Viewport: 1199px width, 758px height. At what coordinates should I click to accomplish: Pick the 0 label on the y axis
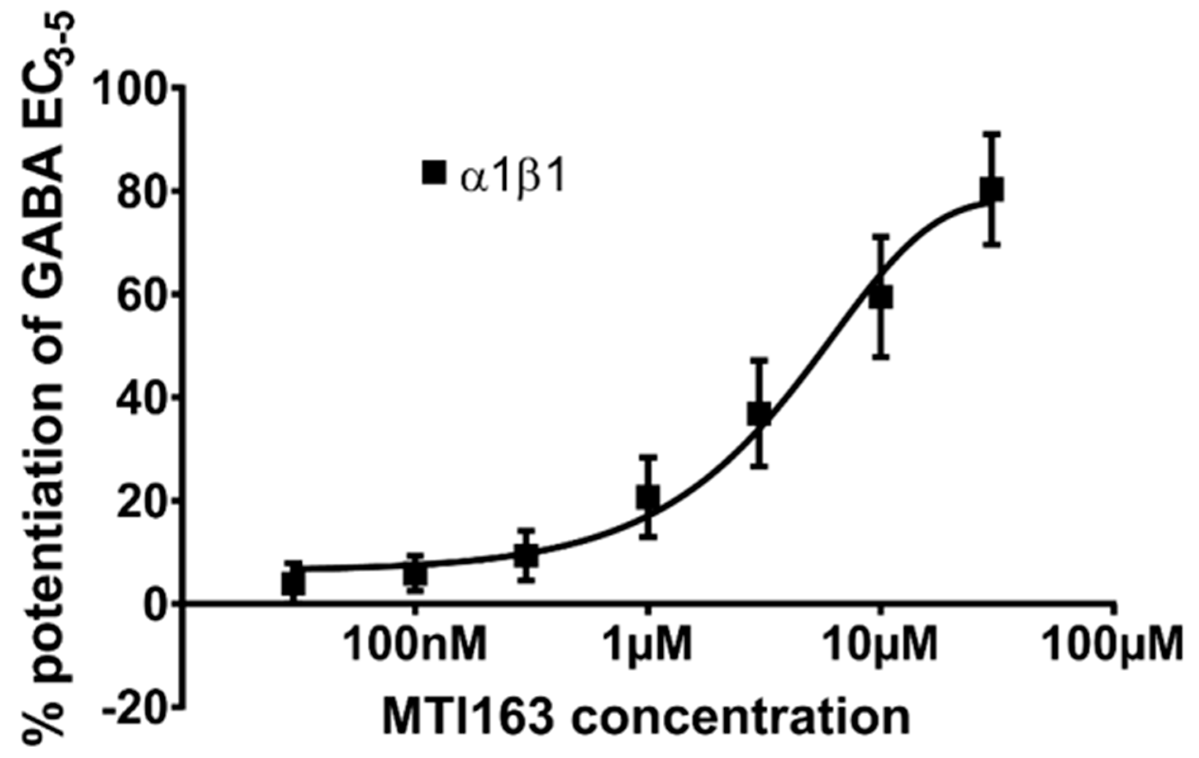click(x=158, y=605)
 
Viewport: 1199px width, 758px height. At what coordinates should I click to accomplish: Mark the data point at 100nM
click(x=414, y=574)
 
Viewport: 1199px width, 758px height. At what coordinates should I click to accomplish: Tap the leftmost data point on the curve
click(x=293, y=583)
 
